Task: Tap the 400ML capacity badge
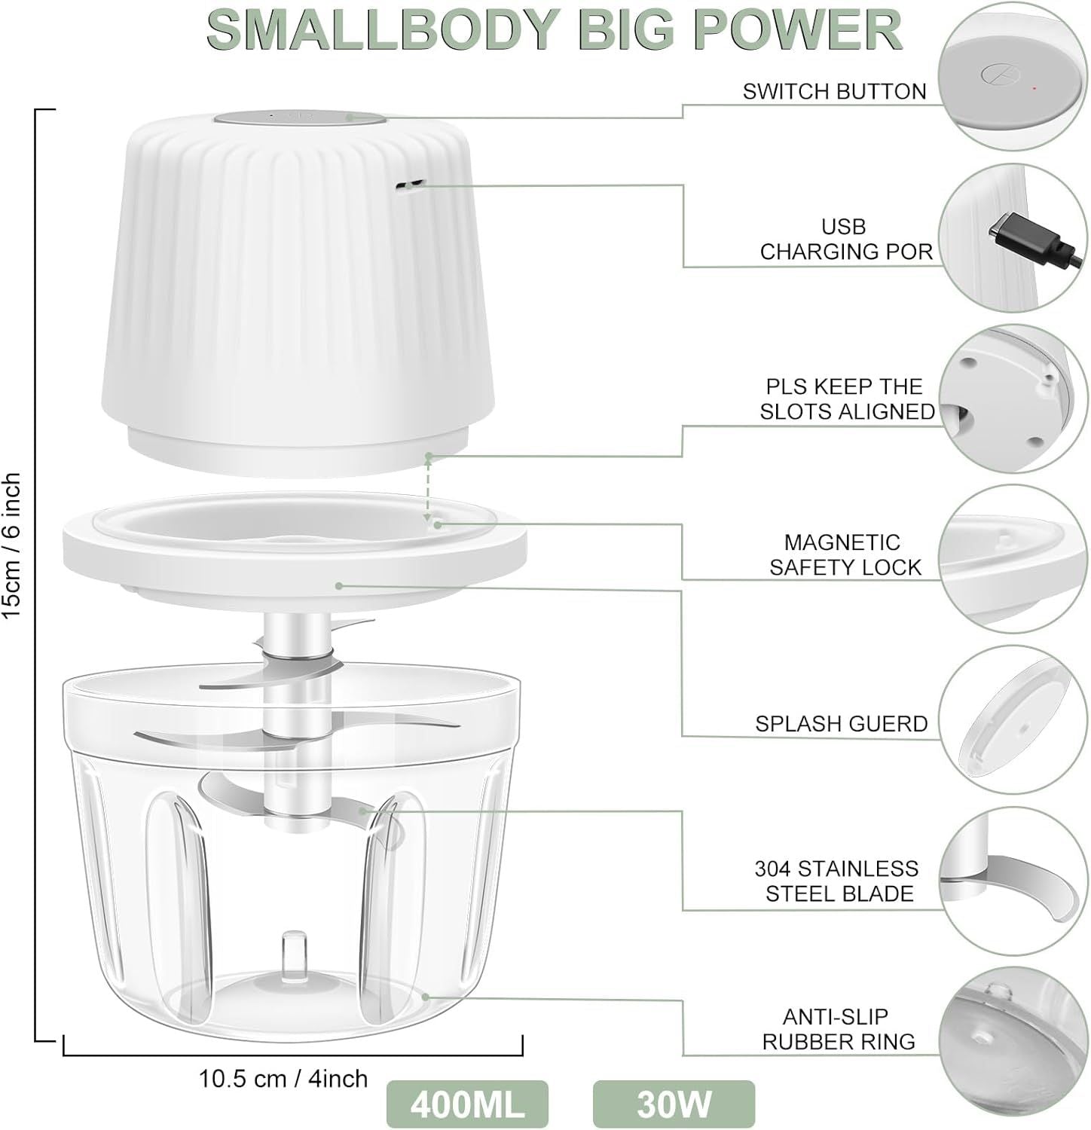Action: point(467,1104)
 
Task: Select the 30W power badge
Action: point(674,1104)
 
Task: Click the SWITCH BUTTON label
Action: point(834,91)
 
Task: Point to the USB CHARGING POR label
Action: point(845,239)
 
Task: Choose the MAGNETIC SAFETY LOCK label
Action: point(845,554)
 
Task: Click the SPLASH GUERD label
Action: point(841,723)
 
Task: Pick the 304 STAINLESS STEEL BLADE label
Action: point(837,881)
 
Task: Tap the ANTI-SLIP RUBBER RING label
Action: point(839,1029)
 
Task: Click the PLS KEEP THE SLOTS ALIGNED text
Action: point(847,399)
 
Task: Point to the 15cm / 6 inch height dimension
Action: point(13,546)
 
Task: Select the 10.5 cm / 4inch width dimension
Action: point(283,1079)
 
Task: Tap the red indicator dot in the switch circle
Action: point(1034,89)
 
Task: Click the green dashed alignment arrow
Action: point(428,488)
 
